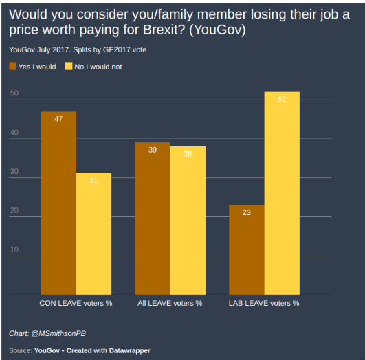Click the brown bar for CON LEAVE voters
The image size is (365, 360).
click(58, 203)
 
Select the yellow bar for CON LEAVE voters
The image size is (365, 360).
click(93, 234)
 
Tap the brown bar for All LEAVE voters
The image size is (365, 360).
click(153, 219)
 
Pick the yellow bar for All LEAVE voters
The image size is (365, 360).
click(188, 221)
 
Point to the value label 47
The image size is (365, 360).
click(58, 119)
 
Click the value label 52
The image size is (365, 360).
click(282, 99)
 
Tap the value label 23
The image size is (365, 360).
click(247, 212)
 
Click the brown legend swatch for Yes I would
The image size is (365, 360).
click(12, 67)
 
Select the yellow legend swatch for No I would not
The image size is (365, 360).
click(69, 67)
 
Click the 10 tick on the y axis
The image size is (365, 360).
click(14, 249)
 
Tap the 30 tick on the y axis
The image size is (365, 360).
click(14, 172)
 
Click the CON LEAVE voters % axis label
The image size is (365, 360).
click(76, 302)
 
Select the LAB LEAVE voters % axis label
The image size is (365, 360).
click(264, 302)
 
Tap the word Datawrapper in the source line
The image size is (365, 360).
click(131, 350)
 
